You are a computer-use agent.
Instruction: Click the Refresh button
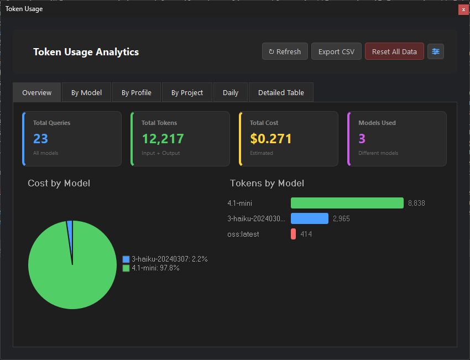point(285,51)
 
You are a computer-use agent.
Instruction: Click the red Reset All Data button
point(394,51)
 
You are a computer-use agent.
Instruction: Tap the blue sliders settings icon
point(436,51)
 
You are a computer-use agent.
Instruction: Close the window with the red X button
point(463,9)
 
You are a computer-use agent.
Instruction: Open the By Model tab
point(86,92)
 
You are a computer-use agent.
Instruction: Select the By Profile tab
point(137,92)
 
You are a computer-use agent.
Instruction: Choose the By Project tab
point(187,92)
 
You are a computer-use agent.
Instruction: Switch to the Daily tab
point(231,92)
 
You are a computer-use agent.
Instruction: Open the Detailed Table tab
point(281,92)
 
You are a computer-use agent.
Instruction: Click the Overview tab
point(37,92)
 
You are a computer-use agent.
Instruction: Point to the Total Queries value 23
point(40,138)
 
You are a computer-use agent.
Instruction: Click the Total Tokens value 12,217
point(163,138)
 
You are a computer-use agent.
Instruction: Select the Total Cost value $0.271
point(270,138)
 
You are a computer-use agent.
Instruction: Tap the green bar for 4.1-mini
point(347,203)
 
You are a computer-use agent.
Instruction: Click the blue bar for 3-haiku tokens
point(309,218)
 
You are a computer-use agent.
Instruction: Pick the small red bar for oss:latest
point(293,234)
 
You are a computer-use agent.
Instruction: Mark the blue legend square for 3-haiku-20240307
point(126,259)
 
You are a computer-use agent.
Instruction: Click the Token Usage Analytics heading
point(86,52)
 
